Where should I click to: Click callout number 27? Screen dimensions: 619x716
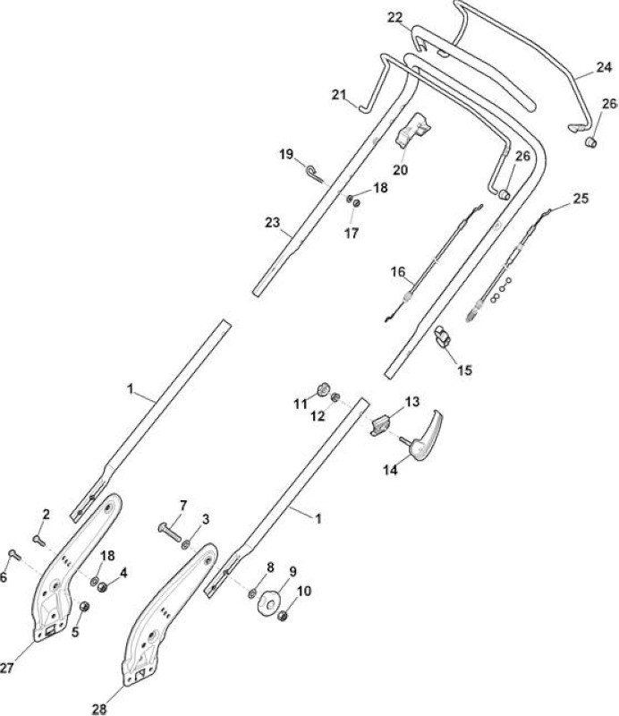coord(6,668)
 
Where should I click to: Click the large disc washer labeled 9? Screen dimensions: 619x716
coord(268,605)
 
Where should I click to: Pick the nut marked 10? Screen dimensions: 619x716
coord(283,616)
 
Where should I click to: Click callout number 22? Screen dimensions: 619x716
coord(395,18)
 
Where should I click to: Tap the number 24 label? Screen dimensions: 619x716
coord(604,67)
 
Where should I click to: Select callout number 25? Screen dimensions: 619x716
coord(581,199)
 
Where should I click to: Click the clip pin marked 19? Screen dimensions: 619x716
coord(315,174)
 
